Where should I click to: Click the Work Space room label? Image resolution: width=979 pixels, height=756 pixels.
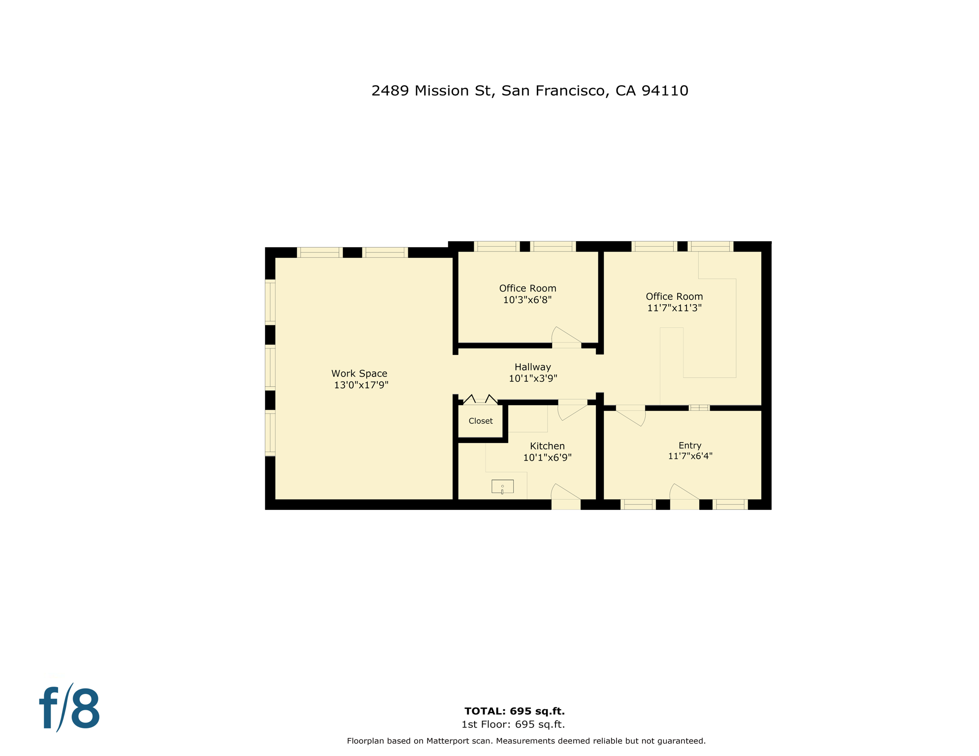359,374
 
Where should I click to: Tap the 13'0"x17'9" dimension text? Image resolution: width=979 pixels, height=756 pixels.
361,385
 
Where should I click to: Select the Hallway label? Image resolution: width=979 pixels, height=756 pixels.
532,367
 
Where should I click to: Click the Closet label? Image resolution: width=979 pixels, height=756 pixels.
480,421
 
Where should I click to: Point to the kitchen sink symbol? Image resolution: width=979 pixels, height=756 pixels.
502,486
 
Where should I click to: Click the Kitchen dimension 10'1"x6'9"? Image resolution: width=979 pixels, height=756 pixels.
547,457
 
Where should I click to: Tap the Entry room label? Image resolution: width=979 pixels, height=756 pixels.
689,445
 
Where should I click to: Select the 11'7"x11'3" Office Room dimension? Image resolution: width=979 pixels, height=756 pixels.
674,308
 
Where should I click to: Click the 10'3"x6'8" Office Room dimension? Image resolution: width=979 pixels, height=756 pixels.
527,299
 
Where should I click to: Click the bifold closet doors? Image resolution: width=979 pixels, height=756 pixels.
480,399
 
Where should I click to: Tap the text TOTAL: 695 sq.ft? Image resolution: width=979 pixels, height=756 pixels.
514,711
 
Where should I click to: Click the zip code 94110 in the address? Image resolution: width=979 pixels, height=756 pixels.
664,91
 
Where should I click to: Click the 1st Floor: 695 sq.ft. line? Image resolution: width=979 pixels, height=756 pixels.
513,724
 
